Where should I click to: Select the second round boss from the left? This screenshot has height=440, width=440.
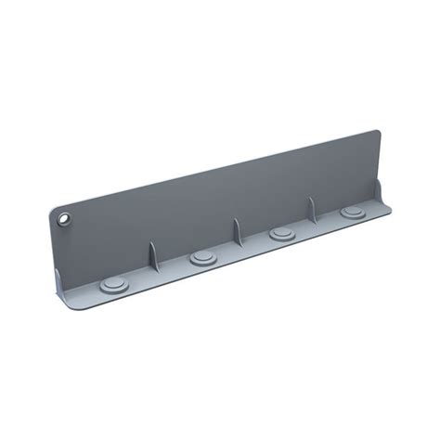(x=203, y=255)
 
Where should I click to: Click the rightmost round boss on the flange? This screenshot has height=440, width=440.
(x=353, y=212)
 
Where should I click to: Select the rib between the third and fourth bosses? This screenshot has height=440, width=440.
(x=313, y=214)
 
